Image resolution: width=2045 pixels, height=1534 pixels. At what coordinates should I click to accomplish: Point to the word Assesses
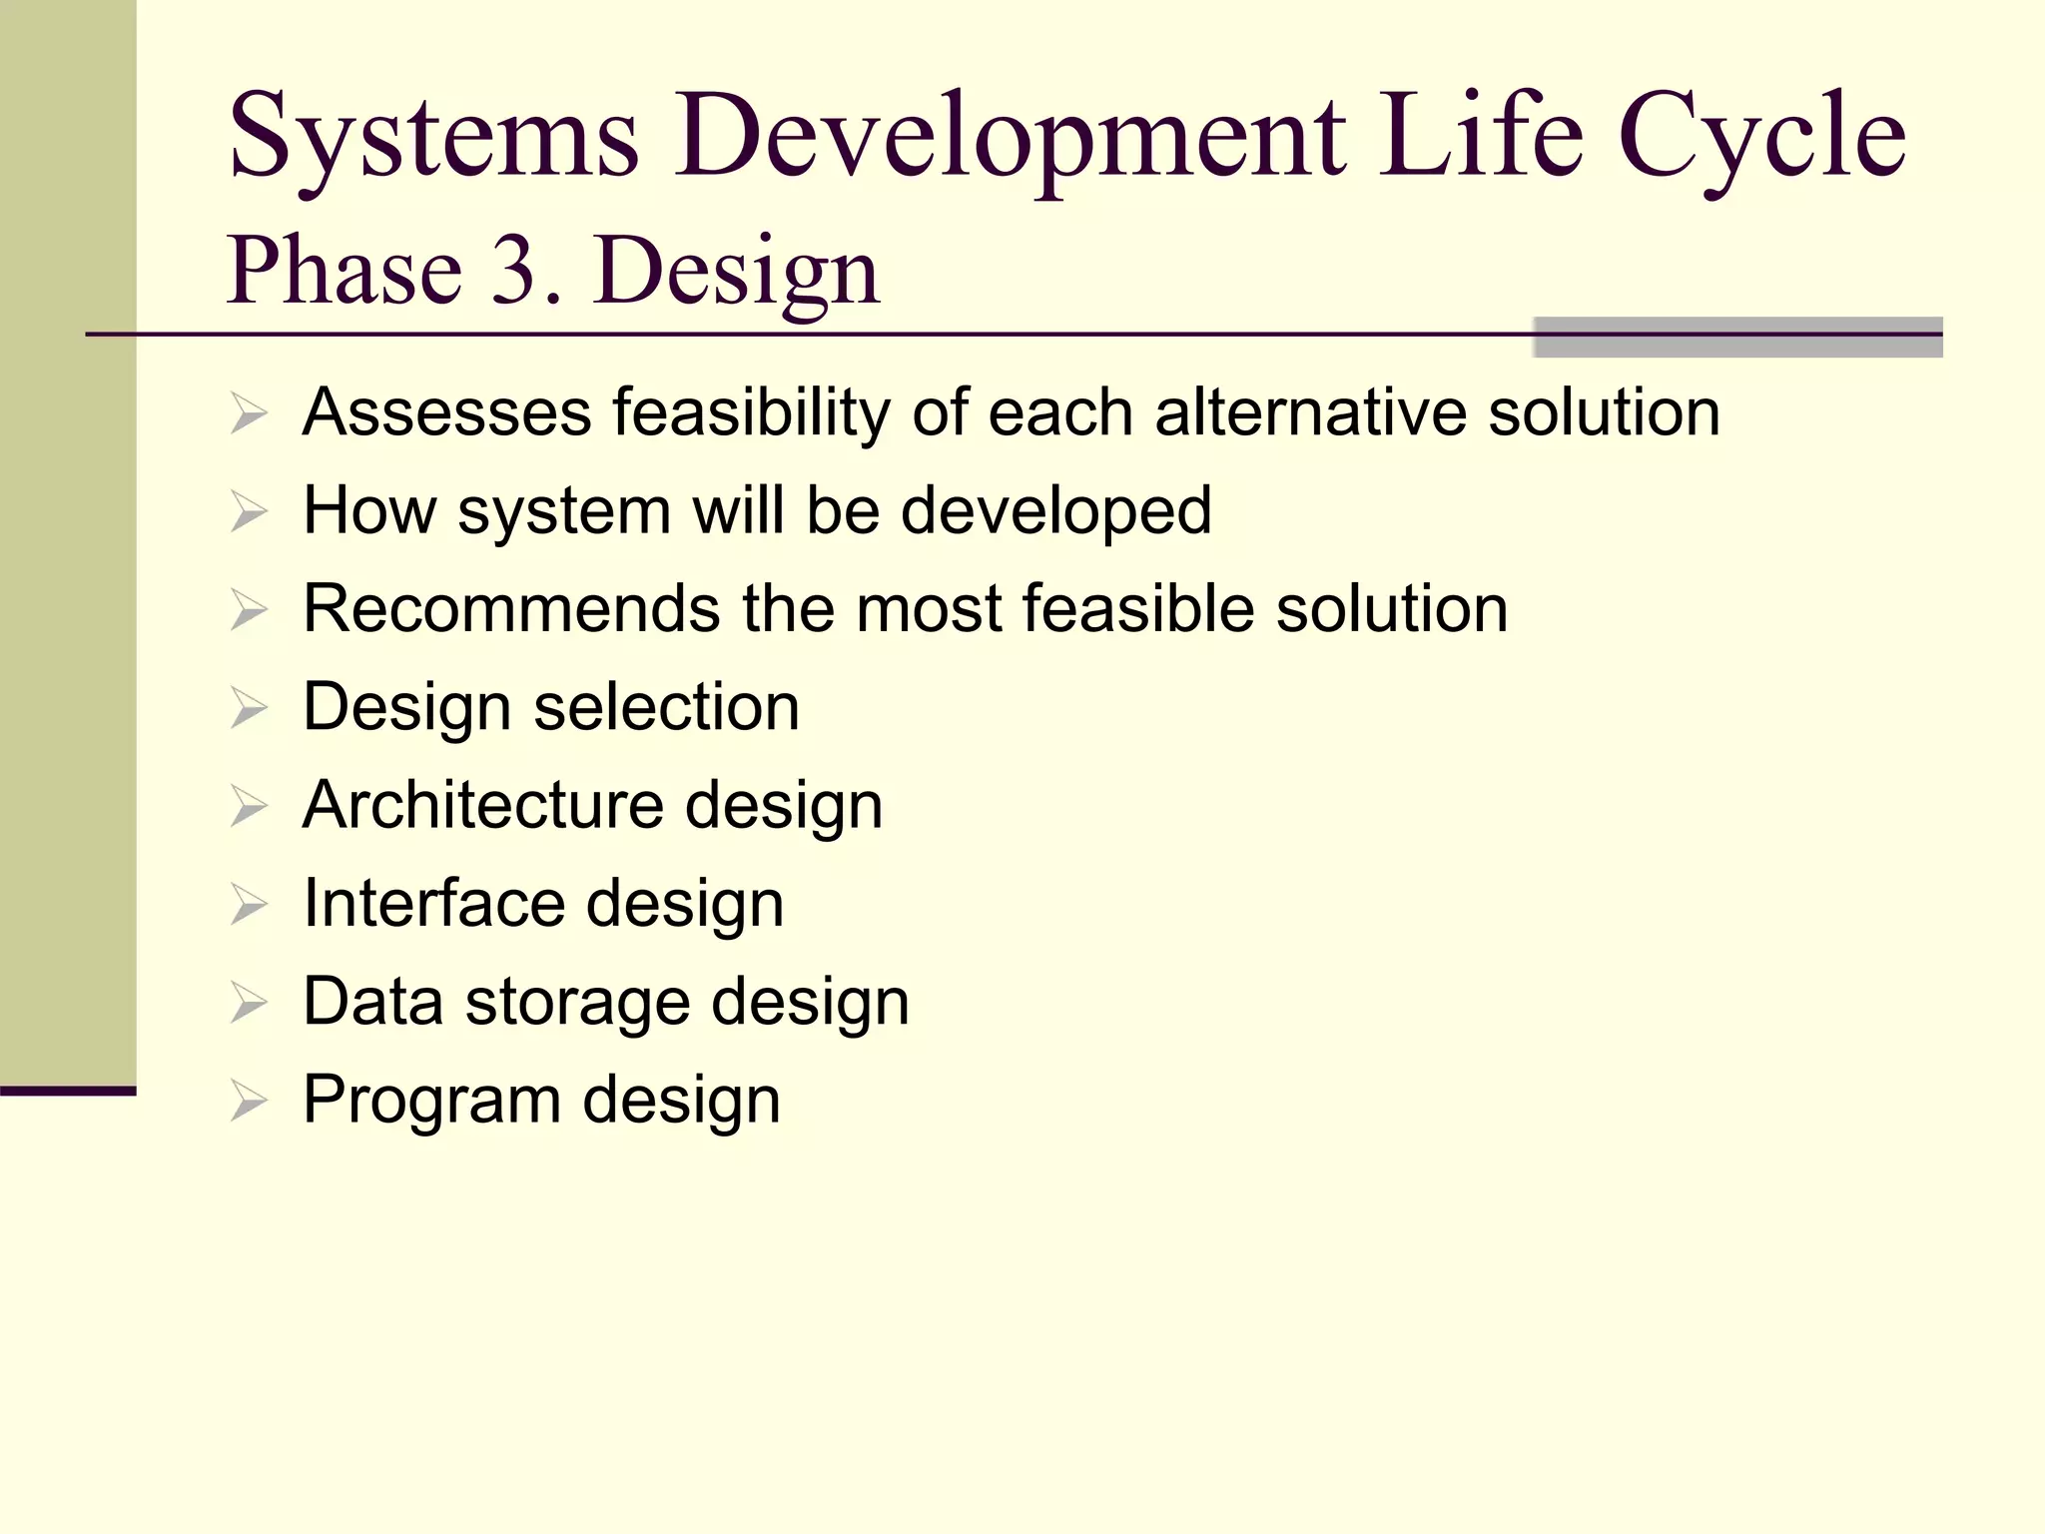446,411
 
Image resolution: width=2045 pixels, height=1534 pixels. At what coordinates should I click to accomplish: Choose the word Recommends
511,608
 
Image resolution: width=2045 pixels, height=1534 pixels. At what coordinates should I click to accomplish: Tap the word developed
1055,510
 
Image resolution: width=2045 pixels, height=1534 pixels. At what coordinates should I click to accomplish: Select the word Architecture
482,805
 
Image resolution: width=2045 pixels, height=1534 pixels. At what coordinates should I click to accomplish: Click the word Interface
433,903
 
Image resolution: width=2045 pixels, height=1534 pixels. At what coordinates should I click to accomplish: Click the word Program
432,1100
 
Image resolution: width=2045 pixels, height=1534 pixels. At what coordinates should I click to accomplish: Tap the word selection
666,707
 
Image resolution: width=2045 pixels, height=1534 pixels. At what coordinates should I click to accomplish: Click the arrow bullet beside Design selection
249,708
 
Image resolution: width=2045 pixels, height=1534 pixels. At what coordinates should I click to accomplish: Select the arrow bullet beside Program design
249,1101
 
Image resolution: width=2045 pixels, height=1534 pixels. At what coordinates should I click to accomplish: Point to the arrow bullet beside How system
249,511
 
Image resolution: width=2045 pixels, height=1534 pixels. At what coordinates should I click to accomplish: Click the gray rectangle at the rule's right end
1737,338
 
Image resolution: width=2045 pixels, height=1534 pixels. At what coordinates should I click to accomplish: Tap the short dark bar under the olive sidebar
68,1091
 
